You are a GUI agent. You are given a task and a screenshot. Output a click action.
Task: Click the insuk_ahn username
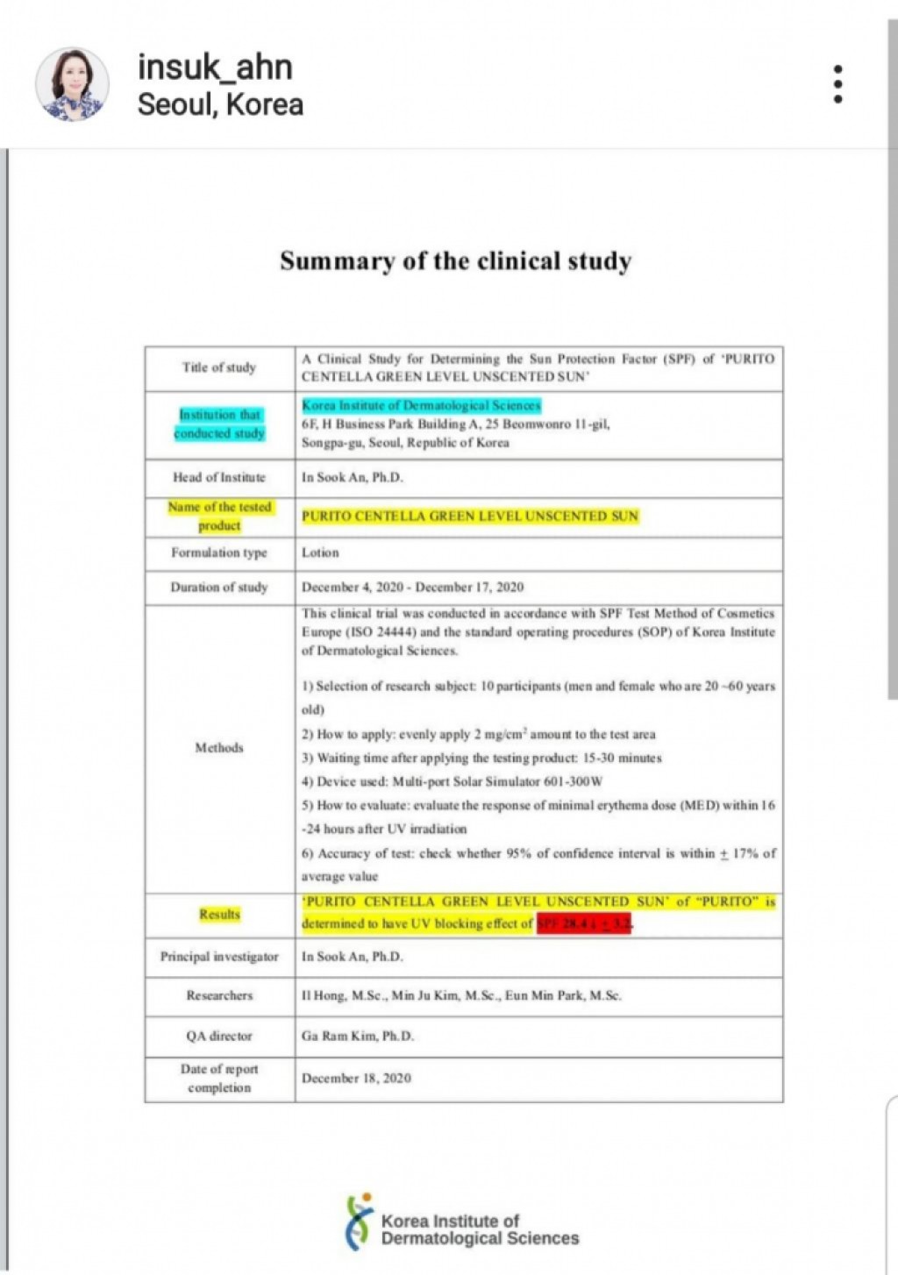[215, 68]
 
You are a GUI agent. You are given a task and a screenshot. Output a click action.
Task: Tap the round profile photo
[72, 84]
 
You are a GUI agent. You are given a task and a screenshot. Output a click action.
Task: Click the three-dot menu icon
[837, 84]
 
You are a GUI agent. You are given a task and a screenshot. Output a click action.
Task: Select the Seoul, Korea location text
[220, 104]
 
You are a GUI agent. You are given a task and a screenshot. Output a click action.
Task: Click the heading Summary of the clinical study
[455, 261]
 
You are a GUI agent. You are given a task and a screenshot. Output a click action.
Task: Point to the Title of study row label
[219, 367]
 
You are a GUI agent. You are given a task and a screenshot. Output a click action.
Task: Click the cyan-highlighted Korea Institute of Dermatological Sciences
[421, 405]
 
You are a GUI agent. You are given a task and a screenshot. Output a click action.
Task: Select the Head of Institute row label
[219, 477]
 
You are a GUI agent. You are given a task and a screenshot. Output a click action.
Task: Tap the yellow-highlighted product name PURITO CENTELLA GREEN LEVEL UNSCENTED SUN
[470, 516]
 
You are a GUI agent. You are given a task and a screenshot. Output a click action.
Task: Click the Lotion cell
[320, 552]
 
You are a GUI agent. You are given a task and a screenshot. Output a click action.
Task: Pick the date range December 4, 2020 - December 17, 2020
[412, 587]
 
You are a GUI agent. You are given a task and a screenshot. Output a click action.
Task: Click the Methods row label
[219, 747]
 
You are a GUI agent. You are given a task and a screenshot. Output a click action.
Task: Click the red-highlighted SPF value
[583, 923]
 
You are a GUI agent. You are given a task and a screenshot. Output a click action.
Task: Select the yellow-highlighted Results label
[219, 914]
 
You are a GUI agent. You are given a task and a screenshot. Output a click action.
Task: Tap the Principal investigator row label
[219, 956]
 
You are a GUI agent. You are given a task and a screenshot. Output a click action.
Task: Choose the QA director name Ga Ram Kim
[358, 1036]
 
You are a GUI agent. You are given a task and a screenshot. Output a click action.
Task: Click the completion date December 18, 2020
[356, 1078]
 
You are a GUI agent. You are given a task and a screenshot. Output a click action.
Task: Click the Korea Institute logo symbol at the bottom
[359, 1222]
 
